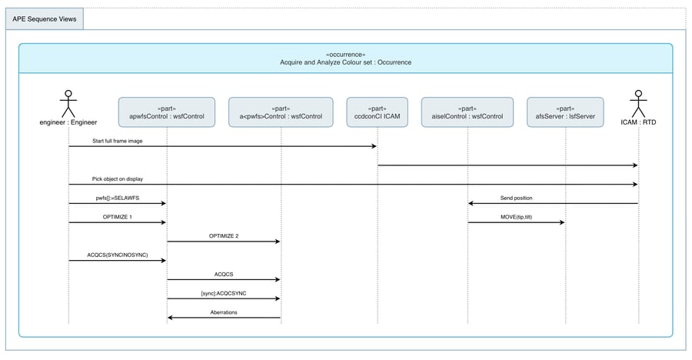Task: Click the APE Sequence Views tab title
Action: point(44,19)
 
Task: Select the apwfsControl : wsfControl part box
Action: point(167,112)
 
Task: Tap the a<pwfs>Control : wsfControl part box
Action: point(281,112)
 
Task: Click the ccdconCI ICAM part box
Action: point(377,112)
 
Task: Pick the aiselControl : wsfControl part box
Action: point(467,112)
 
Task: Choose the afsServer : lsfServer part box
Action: point(566,112)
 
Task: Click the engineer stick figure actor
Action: point(68,103)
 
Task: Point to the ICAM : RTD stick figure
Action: point(637,103)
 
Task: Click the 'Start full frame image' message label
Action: point(117,141)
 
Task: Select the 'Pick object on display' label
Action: point(118,178)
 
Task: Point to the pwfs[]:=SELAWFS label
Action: point(118,198)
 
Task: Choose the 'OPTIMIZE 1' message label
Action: point(118,217)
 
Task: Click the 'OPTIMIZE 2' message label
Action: point(224,235)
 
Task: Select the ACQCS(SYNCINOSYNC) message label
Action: point(118,255)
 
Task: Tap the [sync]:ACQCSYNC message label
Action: point(224,292)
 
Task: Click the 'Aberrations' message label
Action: point(224,312)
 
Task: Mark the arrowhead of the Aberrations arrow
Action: point(171,317)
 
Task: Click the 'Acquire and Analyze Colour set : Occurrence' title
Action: point(345,62)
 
